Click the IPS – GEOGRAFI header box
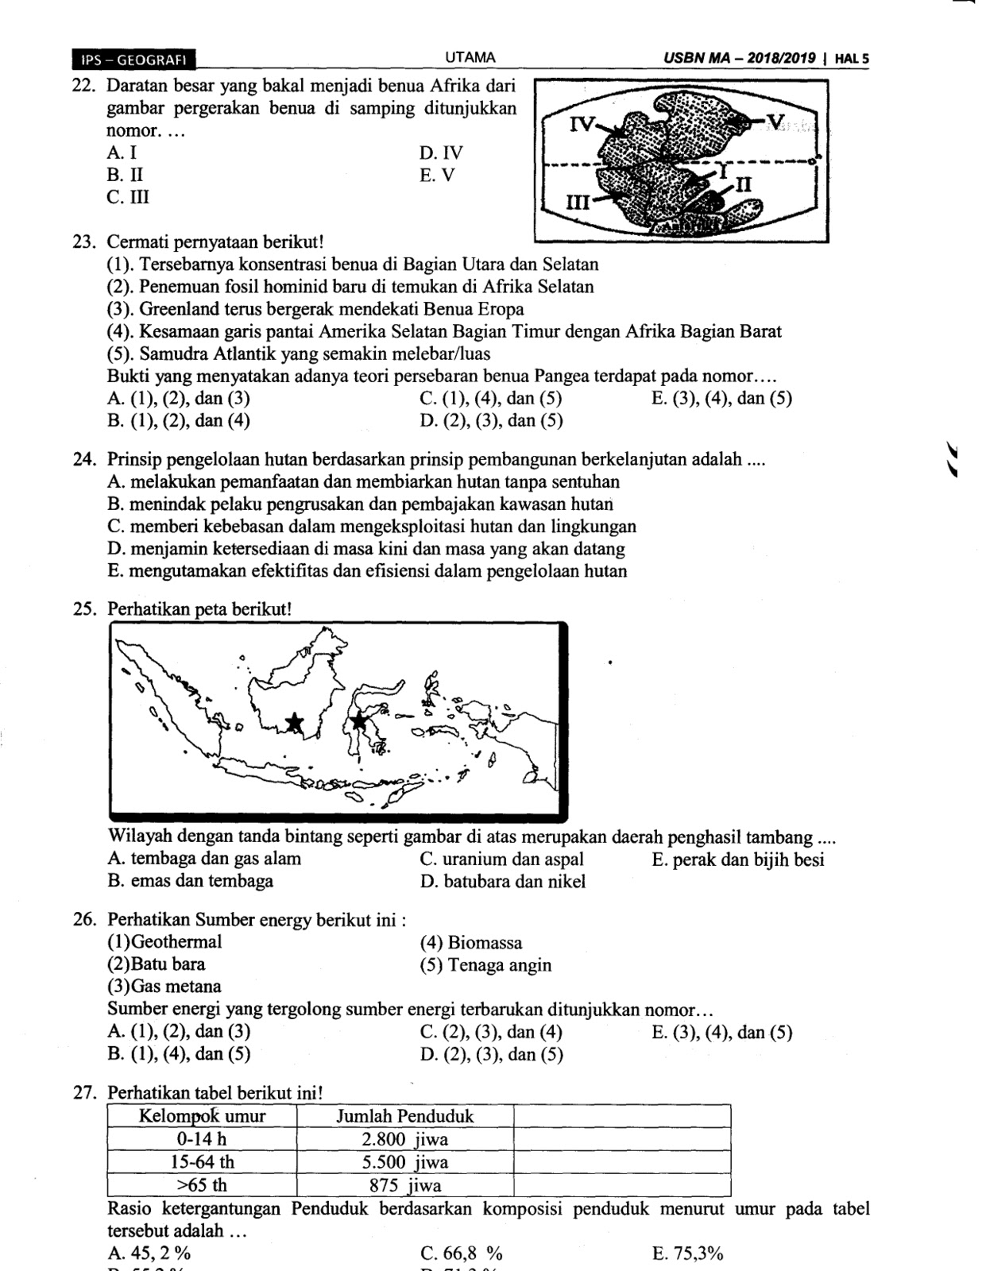click(x=133, y=59)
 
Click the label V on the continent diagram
click(x=776, y=121)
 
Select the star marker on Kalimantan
click(x=295, y=722)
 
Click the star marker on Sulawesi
click(x=359, y=720)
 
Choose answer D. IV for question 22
click(x=441, y=153)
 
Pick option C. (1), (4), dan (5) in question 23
click(x=490, y=398)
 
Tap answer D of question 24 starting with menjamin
click(x=365, y=548)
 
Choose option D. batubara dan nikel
click(x=502, y=881)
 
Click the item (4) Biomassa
click(x=470, y=943)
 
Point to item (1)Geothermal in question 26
click(x=164, y=942)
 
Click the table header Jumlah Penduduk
click(x=404, y=1116)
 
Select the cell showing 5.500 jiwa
click(x=404, y=1162)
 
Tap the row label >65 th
click(x=201, y=1185)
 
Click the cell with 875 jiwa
click(x=404, y=1185)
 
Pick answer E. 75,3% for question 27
click(x=686, y=1254)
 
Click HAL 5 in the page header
click(x=852, y=59)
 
